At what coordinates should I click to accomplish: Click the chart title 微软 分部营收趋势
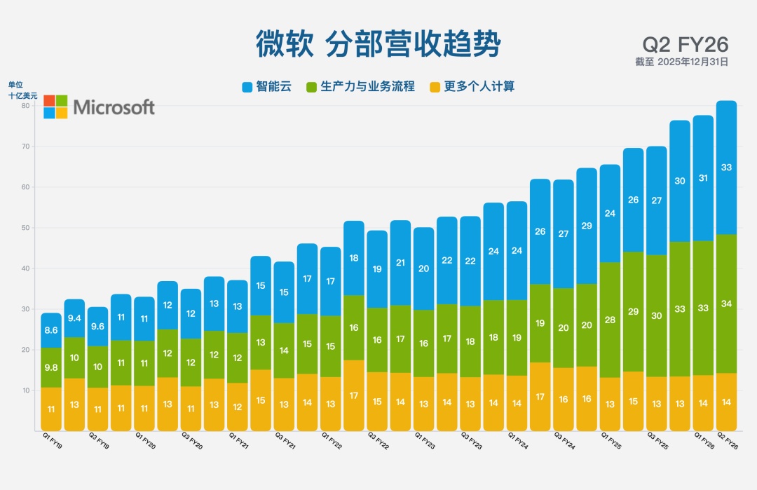(x=378, y=43)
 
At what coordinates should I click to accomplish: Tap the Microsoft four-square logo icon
(x=55, y=107)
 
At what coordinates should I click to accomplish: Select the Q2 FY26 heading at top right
(x=685, y=44)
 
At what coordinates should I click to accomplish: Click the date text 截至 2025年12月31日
(x=681, y=62)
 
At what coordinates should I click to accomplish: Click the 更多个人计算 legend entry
(x=472, y=87)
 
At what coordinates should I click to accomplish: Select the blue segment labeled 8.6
(x=51, y=330)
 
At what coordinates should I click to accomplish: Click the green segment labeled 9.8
(x=51, y=367)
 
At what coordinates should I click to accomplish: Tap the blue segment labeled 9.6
(x=97, y=326)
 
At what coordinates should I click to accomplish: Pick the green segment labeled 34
(x=726, y=304)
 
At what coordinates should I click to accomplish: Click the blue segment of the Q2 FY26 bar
(x=726, y=168)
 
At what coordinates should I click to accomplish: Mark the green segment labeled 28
(x=610, y=320)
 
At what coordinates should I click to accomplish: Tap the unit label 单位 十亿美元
(x=22, y=90)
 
